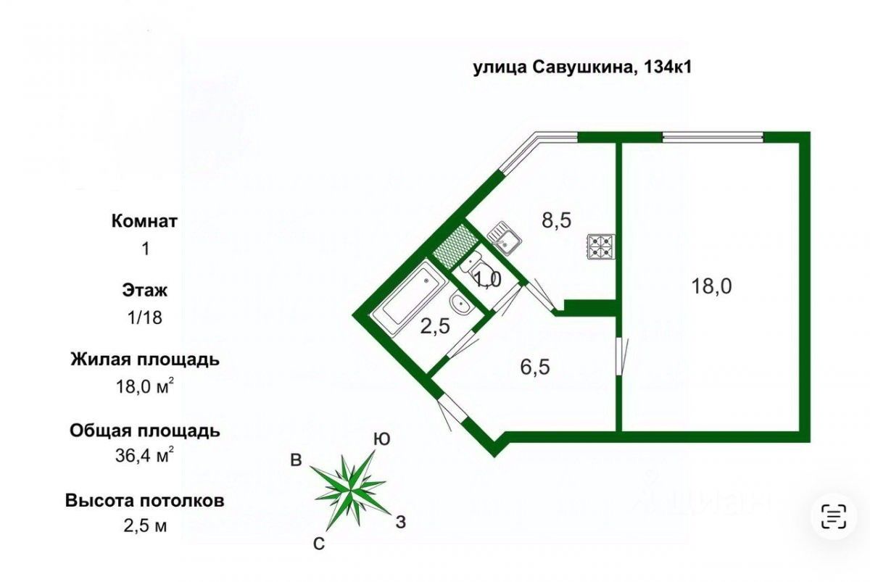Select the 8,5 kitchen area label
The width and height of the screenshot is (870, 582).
[557, 219]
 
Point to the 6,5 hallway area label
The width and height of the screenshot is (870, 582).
[535, 367]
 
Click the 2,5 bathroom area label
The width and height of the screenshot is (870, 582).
[435, 325]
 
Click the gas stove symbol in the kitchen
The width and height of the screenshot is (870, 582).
[601, 246]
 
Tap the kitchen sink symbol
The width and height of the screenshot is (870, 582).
[503, 238]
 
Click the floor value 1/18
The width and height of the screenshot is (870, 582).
[144, 317]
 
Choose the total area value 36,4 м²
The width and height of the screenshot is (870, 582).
[144, 456]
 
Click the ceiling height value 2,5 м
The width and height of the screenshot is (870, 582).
[144, 526]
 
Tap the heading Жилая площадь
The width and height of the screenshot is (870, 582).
[144, 359]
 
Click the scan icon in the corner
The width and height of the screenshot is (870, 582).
[834, 516]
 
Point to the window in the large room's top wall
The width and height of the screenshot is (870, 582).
[713, 136]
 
